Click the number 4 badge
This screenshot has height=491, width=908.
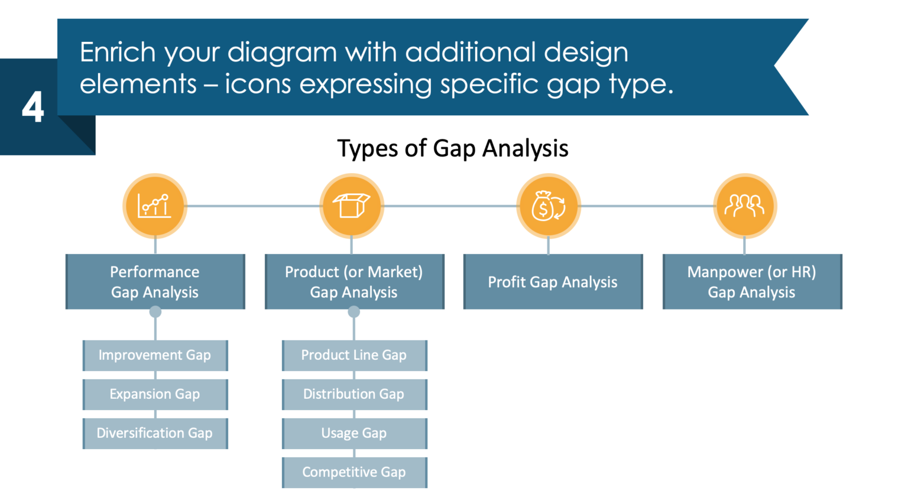click(33, 108)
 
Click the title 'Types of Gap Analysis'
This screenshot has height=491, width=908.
click(452, 148)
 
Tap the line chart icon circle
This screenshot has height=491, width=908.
click(155, 206)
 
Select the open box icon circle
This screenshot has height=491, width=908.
click(352, 206)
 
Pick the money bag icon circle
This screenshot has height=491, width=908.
click(548, 206)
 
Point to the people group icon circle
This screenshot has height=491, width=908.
click(744, 206)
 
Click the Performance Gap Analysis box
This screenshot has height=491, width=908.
click(155, 282)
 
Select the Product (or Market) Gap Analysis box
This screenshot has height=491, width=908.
click(354, 282)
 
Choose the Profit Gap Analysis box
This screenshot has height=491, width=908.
click(553, 282)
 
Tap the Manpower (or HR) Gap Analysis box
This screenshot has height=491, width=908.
click(752, 282)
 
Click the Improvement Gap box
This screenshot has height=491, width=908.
click(155, 355)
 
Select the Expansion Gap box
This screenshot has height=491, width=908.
click(155, 394)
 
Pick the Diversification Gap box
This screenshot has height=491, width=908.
click(155, 433)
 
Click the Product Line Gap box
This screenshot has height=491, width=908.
click(354, 355)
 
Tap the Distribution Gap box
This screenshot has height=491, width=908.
click(354, 394)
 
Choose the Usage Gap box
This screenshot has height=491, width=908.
click(354, 433)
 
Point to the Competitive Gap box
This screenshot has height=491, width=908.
click(354, 472)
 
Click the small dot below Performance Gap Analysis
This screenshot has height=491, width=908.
click(155, 311)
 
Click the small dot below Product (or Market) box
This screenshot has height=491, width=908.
click(354, 311)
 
